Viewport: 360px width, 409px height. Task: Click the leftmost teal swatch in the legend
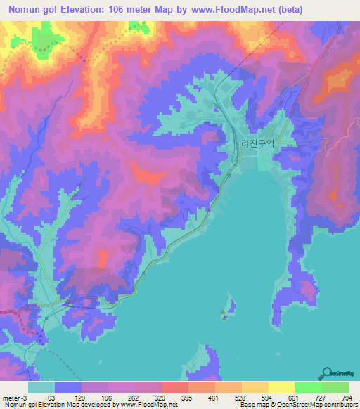point(41,387)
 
